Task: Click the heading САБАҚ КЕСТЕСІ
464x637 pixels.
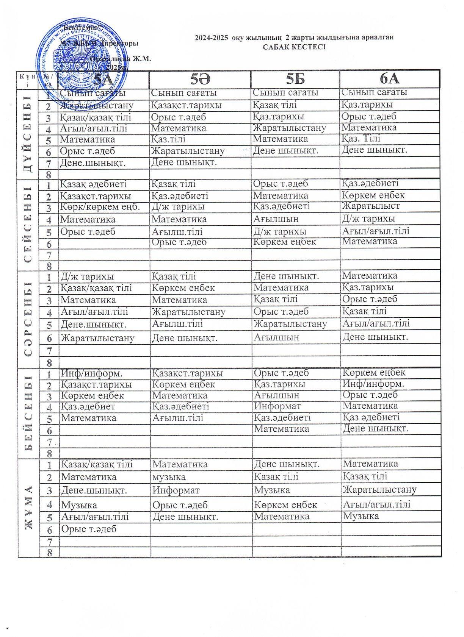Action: [x=294, y=47]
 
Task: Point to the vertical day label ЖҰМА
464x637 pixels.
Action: [x=29, y=507]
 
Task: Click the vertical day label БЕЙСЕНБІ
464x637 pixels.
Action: [x=29, y=413]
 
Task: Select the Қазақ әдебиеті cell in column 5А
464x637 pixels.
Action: [x=94, y=184]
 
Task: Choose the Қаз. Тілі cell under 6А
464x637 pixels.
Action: [x=361, y=139]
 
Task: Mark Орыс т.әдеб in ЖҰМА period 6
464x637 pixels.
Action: [x=89, y=529]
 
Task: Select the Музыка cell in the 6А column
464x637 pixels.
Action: [x=361, y=516]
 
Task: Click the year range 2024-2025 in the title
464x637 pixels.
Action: [x=213, y=37]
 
